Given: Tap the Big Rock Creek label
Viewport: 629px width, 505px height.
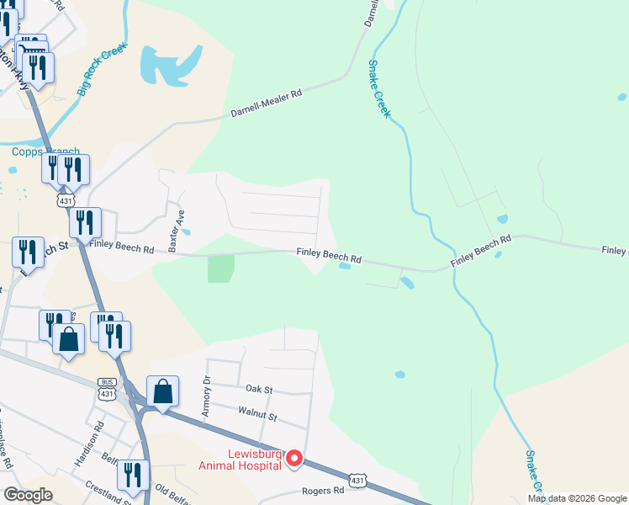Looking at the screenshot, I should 102,66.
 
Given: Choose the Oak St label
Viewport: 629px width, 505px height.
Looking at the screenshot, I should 259,390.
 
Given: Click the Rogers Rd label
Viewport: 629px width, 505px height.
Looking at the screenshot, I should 326,490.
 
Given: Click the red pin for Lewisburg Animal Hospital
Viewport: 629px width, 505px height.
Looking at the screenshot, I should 294,459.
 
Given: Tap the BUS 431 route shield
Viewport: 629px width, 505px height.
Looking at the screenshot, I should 106,388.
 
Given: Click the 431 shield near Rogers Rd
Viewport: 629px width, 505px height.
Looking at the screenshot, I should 358,480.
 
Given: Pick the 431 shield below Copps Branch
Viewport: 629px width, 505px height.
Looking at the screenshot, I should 66,200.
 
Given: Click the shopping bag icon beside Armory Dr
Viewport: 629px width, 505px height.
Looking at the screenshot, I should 162,391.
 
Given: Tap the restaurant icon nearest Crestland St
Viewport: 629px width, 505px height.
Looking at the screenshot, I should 132,475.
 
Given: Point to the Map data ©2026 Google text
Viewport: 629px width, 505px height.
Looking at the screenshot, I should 577,498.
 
